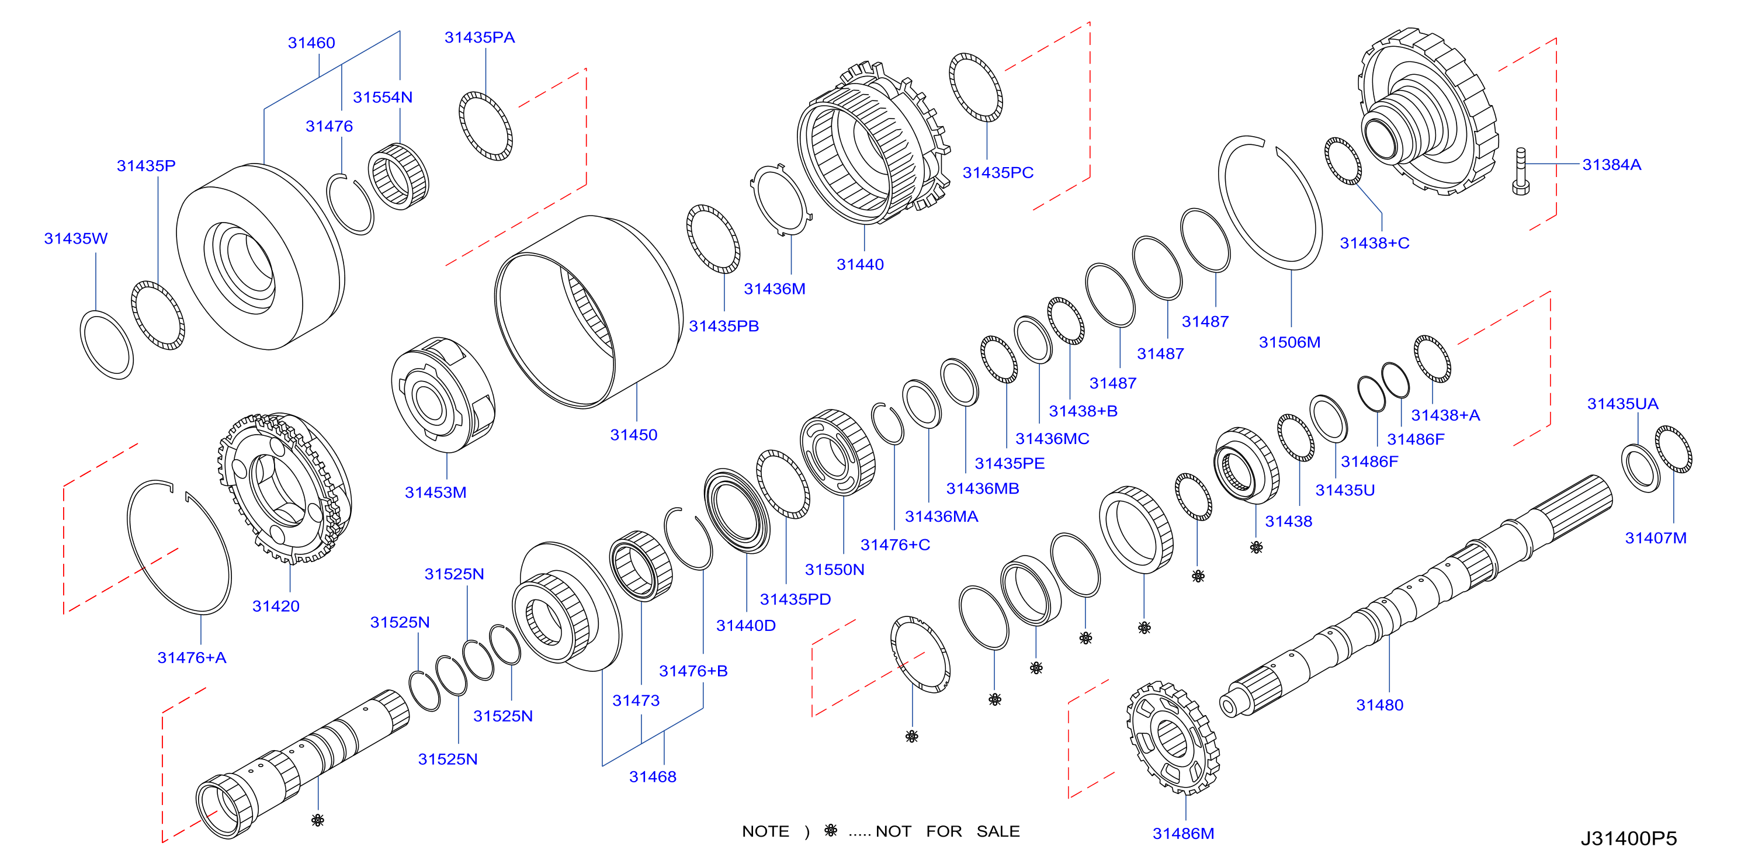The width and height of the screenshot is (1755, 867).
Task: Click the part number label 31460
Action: [311, 43]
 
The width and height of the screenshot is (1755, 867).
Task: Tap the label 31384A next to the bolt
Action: [1611, 165]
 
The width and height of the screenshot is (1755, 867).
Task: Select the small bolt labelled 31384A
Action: [1520, 172]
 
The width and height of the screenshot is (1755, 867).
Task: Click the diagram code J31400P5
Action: [1628, 838]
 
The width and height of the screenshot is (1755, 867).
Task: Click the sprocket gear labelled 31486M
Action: [1173, 738]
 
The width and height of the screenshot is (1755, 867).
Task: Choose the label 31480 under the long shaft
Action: [1379, 706]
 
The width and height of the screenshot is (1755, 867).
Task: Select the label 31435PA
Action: [480, 38]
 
